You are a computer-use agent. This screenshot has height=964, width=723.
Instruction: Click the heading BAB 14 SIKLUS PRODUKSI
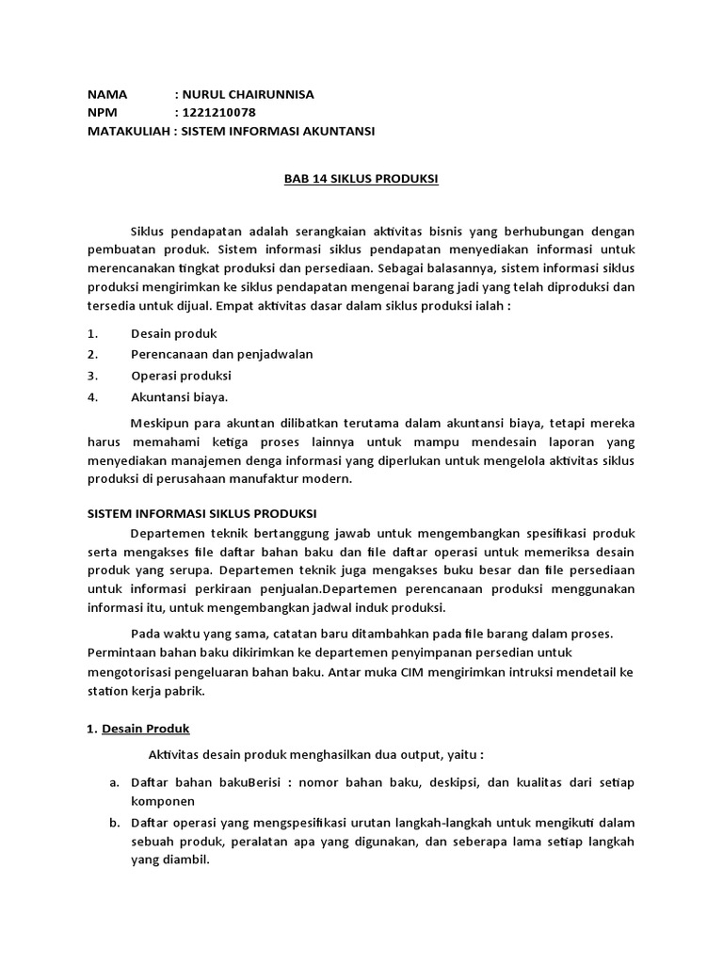(361, 179)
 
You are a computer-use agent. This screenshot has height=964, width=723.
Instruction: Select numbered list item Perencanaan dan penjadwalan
(221, 354)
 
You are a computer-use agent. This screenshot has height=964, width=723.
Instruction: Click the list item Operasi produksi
(181, 375)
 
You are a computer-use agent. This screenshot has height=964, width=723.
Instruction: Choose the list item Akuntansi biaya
(179, 396)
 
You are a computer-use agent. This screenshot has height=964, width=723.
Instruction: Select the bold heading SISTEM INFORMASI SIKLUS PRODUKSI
(202, 513)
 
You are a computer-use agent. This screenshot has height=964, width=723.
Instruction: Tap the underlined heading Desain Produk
(146, 729)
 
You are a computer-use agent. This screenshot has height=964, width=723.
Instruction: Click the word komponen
(162, 801)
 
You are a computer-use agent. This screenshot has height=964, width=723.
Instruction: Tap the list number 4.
(92, 396)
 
